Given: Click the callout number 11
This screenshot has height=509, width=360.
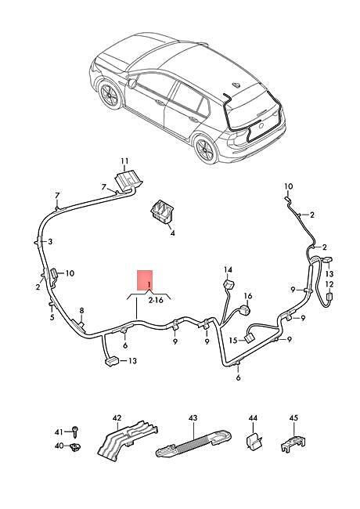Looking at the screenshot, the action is coord(124,161).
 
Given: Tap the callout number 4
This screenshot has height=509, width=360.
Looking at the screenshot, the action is coord(172,233).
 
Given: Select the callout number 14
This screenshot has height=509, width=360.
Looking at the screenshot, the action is coord(228,269).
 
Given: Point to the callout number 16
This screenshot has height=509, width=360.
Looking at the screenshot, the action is coord(248,296).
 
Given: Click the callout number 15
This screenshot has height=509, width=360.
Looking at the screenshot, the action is coord(233,340).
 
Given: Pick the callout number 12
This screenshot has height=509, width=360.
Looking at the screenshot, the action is coord(329,284).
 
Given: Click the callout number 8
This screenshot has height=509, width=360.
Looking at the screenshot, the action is coord(81,311).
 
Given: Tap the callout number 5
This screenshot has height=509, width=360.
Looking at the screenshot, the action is coord(52,317).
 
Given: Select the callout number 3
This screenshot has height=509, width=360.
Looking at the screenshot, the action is coord(50,241).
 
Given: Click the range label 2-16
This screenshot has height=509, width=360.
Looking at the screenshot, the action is coord(156,300).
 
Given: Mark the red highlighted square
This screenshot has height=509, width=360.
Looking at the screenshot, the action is coord(145,280).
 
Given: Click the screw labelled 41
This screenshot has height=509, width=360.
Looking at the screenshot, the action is coord(76,432).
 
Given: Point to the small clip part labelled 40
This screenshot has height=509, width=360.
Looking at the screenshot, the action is coord(76,446).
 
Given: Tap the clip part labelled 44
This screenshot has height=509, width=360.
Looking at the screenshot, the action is coord(254,441).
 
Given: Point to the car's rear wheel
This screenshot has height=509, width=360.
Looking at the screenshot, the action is coord(207,150).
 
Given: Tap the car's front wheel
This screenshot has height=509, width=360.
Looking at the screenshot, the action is coord(110,95).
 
